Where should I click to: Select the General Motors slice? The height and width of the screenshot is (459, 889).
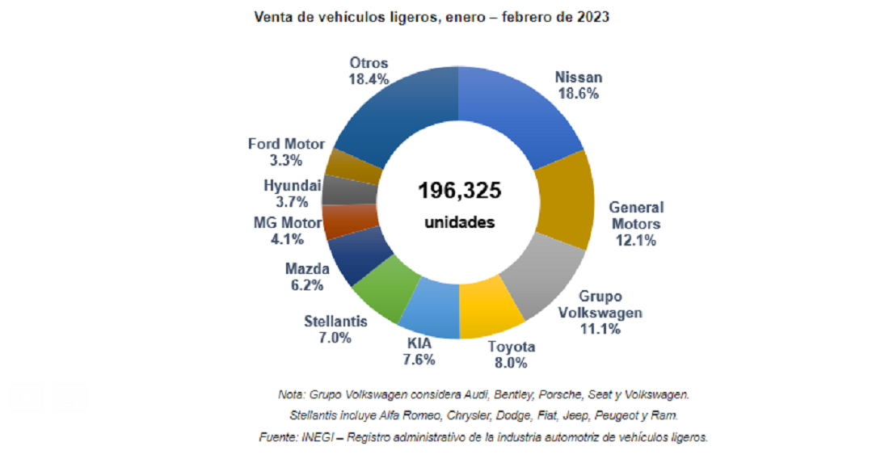pyautogui.click(x=566, y=200)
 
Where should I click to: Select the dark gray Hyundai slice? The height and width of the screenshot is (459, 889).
pyautogui.click(x=340, y=190)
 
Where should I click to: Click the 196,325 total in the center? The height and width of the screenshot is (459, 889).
pyautogui.click(x=459, y=191)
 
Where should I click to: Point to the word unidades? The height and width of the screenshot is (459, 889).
pyautogui.click(x=459, y=222)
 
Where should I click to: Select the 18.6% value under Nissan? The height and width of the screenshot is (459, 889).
pyautogui.click(x=578, y=94)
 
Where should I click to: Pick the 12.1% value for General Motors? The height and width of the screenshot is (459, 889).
pyautogui.click(x=635, y=240)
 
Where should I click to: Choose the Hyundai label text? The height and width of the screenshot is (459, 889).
pyautogui.click(x=293, y=185)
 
